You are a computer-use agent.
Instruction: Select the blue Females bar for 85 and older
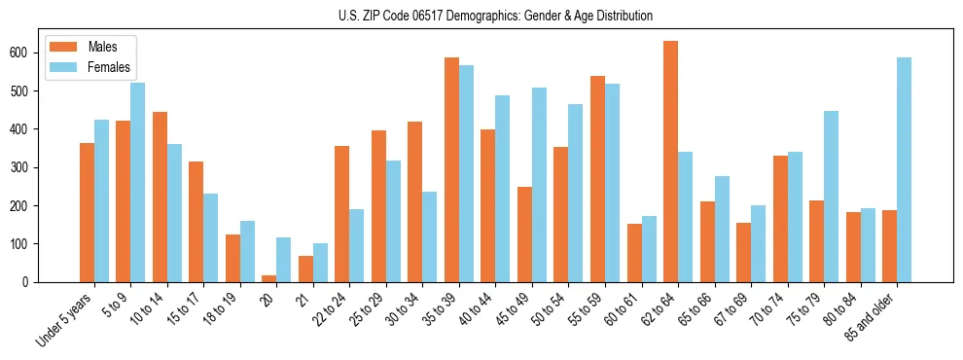click(x=904, y=170)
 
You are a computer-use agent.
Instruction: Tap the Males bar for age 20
click(x=269, y=278)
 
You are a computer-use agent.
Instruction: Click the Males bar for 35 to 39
click(x=451, y=170)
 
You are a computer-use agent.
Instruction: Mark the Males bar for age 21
click(x=305, y=270)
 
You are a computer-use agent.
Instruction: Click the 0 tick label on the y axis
click(x=31, y=282)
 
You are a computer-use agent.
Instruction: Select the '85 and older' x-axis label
click(x=870, y=316)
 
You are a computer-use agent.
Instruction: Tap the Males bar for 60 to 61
click(x=634, y=253)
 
